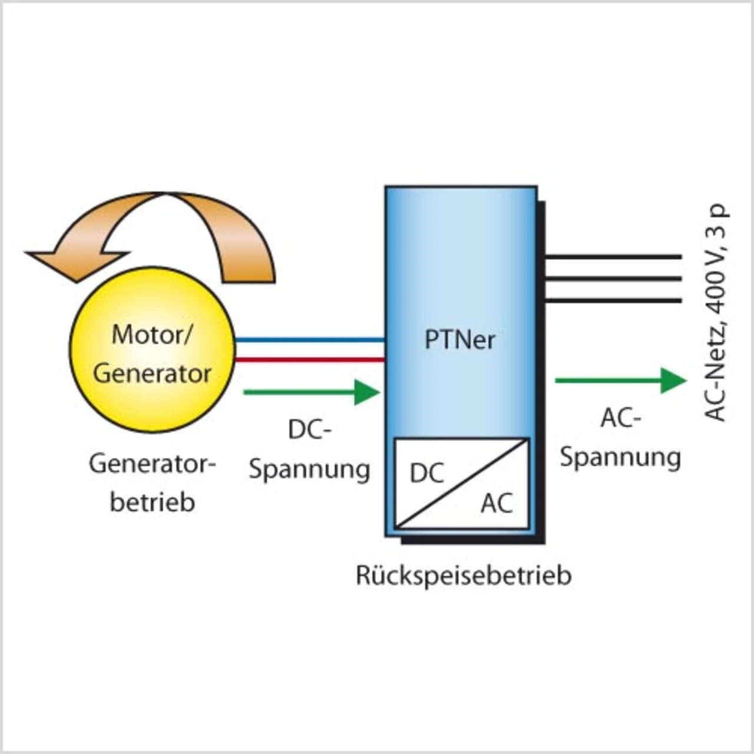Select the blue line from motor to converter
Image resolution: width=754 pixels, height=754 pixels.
pos(309,340)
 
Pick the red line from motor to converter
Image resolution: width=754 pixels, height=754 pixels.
pos(309,359)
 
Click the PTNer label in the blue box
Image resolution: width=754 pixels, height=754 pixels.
pos(459,340)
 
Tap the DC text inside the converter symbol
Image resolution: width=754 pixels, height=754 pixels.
pos(426,473)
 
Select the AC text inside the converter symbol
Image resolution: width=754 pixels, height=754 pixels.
pos(497,503)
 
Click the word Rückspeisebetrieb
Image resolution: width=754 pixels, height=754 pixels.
pos(464,576)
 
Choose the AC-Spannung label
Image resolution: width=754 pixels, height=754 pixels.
pos(620,437)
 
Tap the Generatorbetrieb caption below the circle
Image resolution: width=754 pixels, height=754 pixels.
pos(152,483)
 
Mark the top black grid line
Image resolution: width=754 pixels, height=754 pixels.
pos(613,257)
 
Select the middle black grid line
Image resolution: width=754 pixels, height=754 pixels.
pos(613,279)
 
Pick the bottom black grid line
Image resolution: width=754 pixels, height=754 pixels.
pos(613,300)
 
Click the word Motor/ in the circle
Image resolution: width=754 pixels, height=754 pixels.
pos(151,334)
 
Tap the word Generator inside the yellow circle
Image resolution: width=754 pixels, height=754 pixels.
pos(152,373)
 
